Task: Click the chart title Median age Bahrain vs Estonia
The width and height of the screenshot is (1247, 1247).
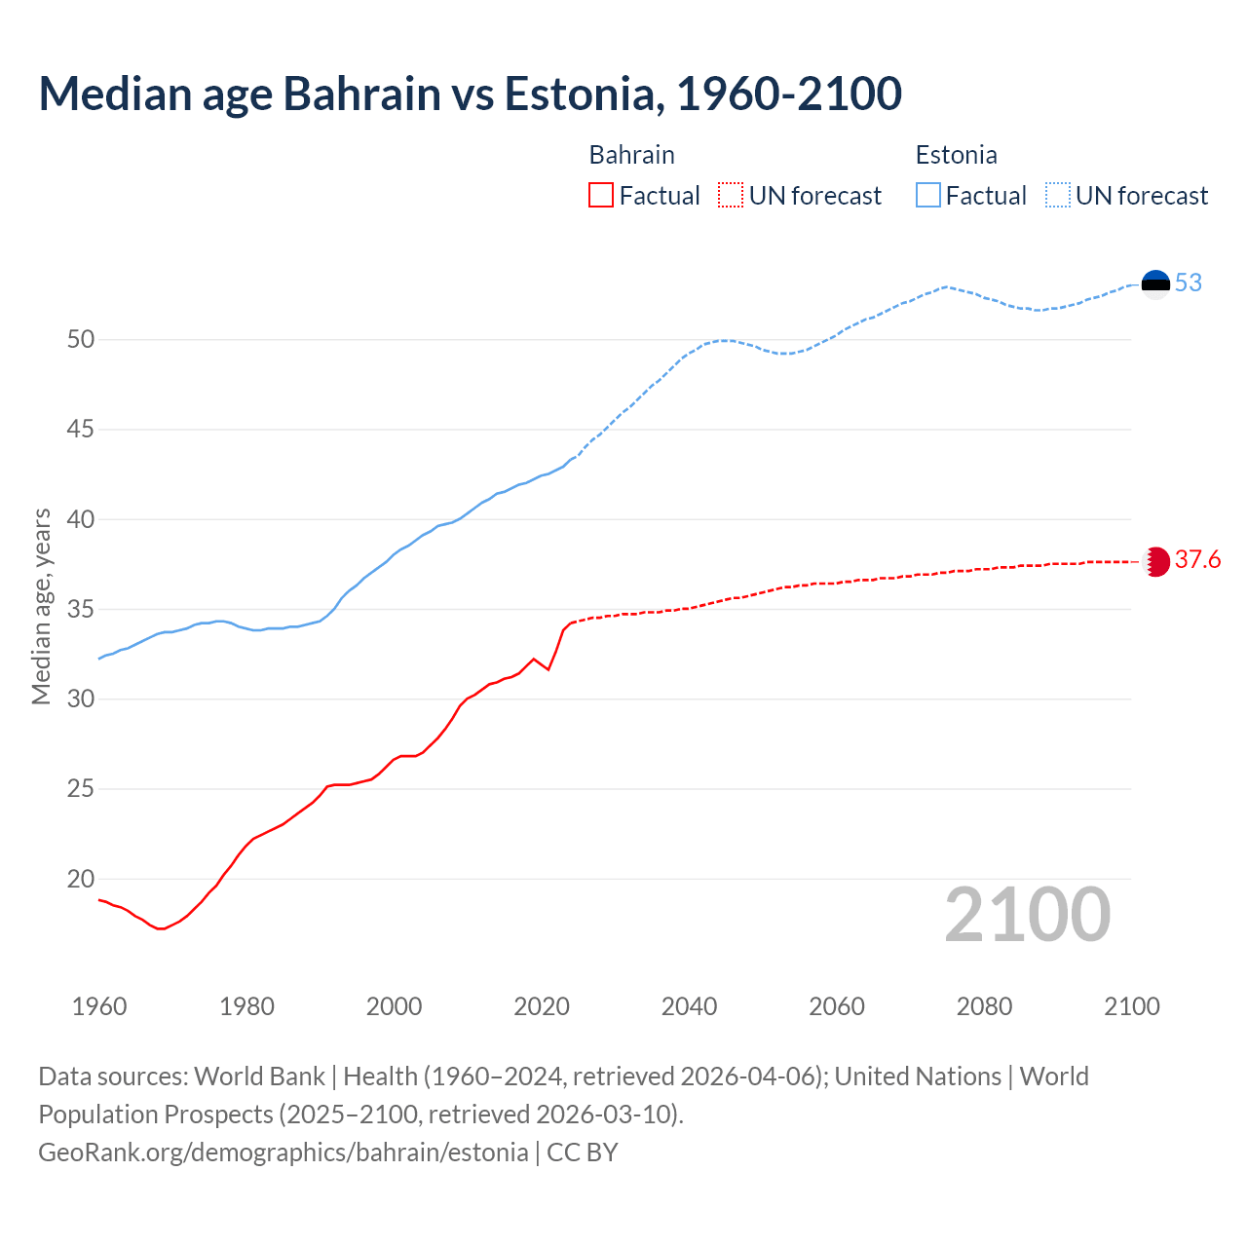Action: point(470,94)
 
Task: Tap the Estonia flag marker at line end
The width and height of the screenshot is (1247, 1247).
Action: point(1155,283)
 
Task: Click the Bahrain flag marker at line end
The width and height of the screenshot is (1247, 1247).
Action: point(1155,561)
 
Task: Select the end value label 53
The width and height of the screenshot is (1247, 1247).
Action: point(1189,283)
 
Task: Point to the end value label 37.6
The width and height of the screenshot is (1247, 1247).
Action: point(1197,560)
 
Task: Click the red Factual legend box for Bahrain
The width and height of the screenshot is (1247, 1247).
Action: point(601,196)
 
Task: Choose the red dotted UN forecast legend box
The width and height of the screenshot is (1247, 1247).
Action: point(731,196)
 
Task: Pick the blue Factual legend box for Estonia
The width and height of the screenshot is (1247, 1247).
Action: point(928,196)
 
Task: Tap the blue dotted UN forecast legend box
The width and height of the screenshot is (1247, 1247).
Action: point(1057,196)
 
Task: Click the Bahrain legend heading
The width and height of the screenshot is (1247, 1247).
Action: point(631,155)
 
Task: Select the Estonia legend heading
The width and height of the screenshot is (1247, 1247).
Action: point(956,155)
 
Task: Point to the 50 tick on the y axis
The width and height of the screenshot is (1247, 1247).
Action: point(81,340)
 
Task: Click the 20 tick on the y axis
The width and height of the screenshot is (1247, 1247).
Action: point(81,879)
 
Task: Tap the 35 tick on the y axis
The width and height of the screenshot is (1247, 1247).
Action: point(81,610)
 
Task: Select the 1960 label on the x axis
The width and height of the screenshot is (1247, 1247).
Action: point(99,1006)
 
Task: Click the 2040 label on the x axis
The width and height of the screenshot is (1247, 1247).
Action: point(689,1006)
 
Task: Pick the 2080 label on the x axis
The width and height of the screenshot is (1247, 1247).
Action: point(984,1006)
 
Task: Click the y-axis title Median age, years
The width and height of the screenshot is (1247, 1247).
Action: point(41,606)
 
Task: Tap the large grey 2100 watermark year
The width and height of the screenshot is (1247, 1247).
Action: point(1027,915)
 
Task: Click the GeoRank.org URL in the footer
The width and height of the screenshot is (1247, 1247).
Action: point(283,1153)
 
